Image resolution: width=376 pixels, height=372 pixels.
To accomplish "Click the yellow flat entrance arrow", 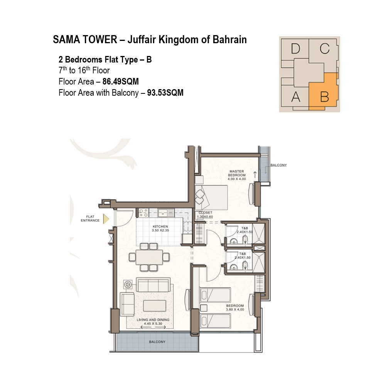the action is tap(106, 219).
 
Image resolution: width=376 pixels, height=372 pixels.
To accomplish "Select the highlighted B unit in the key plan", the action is tap(324, 92).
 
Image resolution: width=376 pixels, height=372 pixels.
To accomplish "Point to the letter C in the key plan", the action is tap(324, 49).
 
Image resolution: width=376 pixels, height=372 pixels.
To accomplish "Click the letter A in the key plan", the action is tap(296, 97).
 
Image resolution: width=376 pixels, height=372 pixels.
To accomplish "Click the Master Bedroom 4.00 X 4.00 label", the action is tap(237, 175).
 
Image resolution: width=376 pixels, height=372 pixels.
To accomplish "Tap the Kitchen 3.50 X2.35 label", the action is tap(160, 228).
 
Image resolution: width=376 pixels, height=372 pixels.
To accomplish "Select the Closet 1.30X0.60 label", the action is tap(205, 215).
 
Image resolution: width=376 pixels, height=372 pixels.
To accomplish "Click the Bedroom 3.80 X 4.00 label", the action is tap(235, 308).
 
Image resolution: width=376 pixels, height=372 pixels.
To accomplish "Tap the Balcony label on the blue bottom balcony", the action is tap(157, 342).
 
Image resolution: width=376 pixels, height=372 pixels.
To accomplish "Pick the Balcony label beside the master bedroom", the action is tap(278, 165).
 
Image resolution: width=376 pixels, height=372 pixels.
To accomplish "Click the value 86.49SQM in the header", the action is tap(121, 81).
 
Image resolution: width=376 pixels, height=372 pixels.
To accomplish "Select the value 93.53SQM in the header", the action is tap(165, 93).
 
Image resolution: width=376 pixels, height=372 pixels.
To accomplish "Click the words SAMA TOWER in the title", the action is tap(85, 40).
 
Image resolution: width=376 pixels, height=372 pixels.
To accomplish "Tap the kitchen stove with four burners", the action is tap(143, 213).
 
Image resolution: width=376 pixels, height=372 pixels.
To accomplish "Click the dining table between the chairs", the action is tap(149, 257).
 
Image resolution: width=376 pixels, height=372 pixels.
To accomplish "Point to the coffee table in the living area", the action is tap(154, 306).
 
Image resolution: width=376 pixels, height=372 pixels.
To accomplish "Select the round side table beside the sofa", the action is tap(128, 284).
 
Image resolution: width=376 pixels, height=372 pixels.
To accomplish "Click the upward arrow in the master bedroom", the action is tap(255, 175).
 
